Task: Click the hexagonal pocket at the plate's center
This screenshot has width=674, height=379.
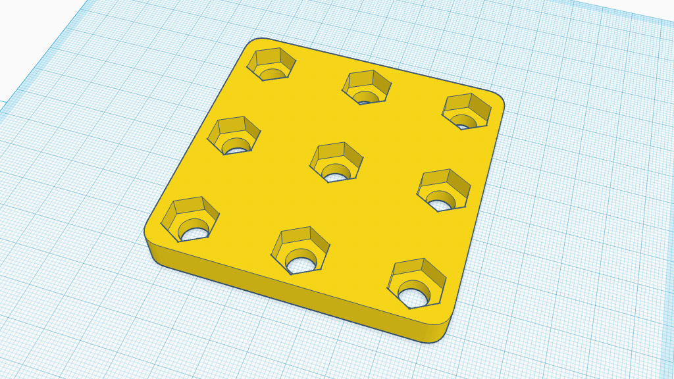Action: click(336, 162)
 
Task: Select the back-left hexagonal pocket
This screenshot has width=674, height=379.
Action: click(271, 64)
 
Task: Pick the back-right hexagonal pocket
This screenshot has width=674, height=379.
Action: click(467, 111)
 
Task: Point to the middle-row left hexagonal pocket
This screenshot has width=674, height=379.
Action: click(234, 136)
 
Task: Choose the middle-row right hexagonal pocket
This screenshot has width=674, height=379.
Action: click(444, 190)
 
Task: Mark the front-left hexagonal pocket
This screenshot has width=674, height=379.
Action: click(190, 220)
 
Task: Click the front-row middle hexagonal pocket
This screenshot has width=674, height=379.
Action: click(301, 250)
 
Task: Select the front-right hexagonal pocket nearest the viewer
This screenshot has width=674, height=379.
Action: click(418, 283)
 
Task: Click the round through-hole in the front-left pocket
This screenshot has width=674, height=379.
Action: click(195, 231)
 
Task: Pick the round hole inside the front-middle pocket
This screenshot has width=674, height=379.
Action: click(301, 263)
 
